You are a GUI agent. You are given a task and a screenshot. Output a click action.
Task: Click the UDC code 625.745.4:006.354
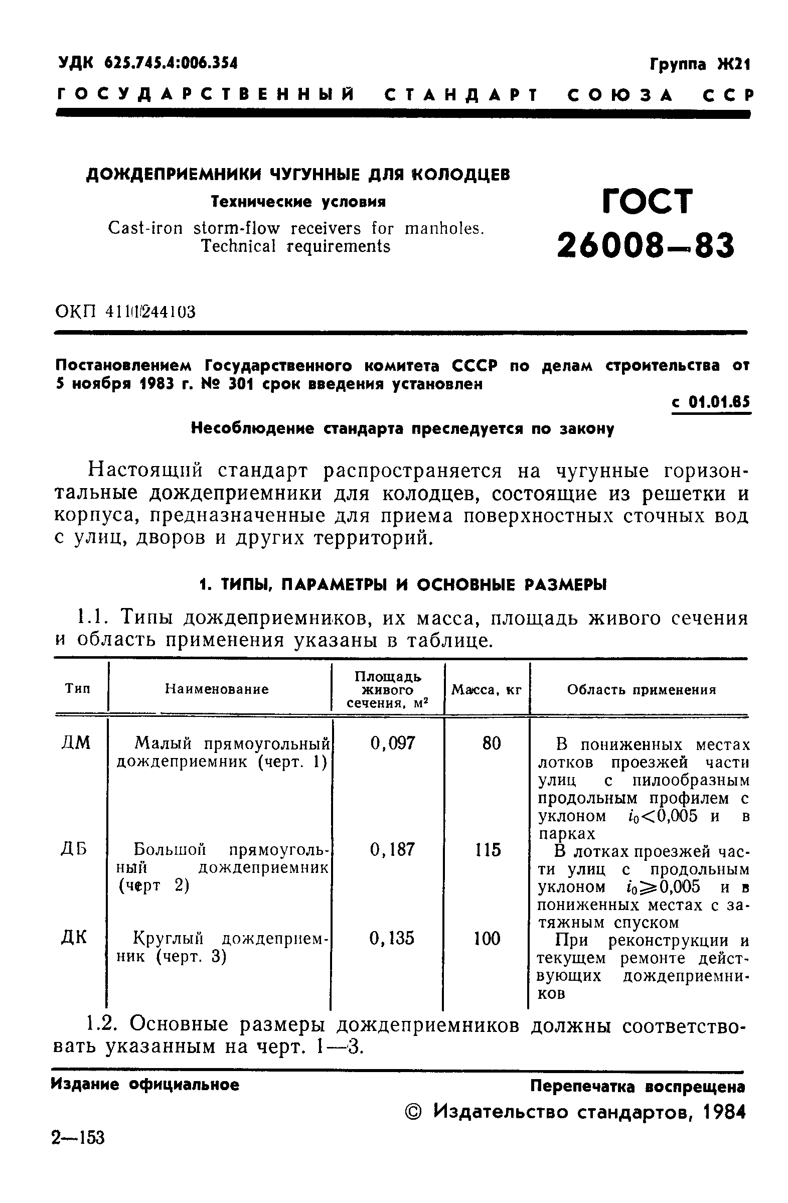click(171, 63)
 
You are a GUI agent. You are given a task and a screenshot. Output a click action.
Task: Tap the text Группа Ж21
click(700, 65)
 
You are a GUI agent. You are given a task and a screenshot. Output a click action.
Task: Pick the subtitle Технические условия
click(298, 202)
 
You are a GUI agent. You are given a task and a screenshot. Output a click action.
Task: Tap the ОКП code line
click(125, 312)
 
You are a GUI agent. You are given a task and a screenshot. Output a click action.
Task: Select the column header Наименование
click(217, 689)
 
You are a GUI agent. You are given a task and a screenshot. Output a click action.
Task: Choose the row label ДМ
click(76, 743)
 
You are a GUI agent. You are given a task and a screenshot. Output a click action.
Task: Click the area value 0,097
click(393, 743)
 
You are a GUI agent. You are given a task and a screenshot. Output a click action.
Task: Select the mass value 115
click(488, 850)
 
